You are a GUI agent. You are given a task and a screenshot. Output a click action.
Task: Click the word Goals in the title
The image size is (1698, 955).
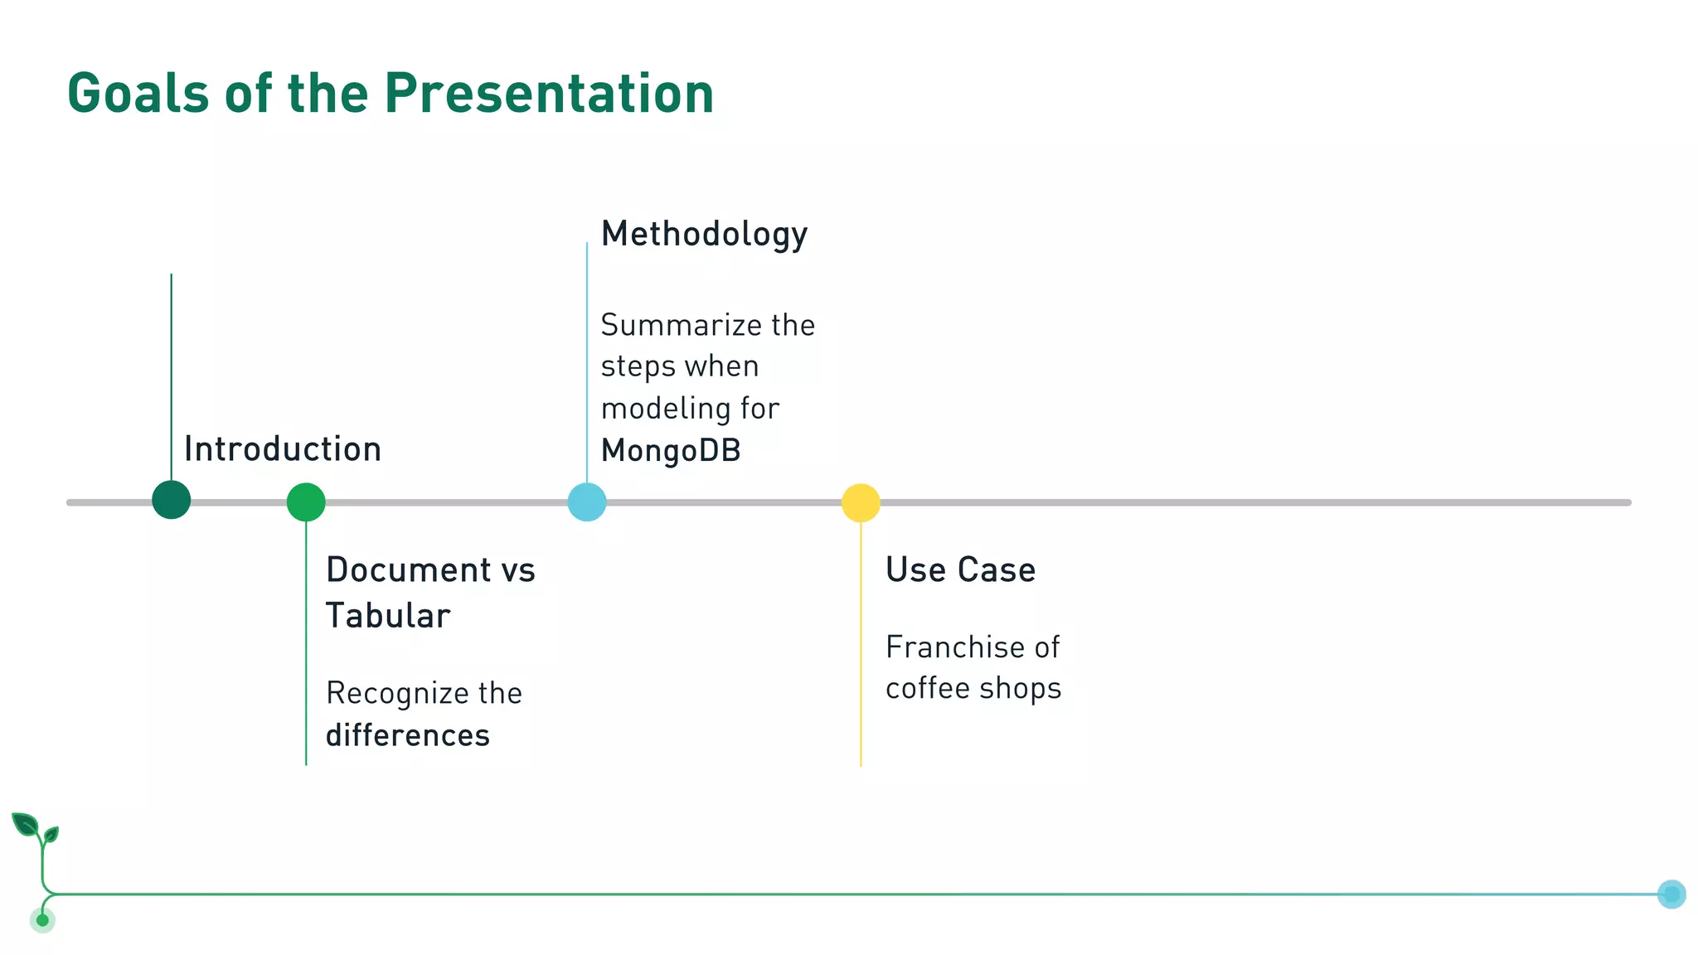(138, 93)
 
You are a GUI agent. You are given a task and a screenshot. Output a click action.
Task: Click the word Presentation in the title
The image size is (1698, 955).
(548, 93)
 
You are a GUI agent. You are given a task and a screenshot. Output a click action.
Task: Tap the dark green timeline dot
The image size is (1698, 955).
(172, 500)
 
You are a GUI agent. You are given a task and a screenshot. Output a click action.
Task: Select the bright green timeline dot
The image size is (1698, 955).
(306, 502)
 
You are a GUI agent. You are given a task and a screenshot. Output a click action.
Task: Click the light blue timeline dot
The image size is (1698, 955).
(587, 502)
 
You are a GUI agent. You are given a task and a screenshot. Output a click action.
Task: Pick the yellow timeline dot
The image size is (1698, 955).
(861, 503)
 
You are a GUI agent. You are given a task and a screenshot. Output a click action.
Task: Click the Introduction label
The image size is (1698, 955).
(283, 449)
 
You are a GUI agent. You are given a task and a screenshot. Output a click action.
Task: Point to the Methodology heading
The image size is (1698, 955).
(704, 235)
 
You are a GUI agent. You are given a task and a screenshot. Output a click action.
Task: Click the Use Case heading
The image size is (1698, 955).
(960, 570)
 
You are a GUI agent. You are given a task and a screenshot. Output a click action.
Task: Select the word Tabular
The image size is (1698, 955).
(388, 616)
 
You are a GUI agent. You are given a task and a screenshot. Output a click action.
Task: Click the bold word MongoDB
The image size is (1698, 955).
(671, 451)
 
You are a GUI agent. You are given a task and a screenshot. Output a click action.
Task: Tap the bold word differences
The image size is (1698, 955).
(408, 736)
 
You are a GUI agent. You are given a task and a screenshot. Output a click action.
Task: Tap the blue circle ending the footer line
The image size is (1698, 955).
(1671, 894)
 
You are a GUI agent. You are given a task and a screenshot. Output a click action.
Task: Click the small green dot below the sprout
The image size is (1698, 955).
(42, 920)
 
